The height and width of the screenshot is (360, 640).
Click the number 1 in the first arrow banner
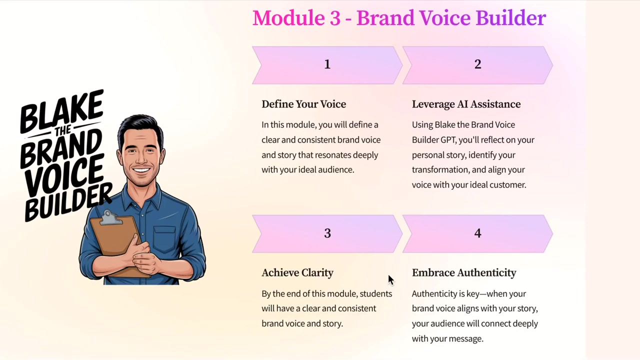tap(327, 64)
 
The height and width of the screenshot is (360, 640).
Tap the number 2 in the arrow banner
tap(477, 64)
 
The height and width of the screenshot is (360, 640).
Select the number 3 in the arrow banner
tap(327, 233)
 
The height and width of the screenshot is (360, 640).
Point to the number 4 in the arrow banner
tap(477, 233)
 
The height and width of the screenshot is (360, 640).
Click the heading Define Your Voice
tap(303, 104)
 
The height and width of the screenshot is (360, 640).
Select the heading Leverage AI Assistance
tap(466, 104)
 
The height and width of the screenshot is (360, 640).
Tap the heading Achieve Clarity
tap(297, 273)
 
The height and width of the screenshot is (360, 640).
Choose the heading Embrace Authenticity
tap(464, 273)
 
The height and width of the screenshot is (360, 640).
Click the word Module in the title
tap(288, 17)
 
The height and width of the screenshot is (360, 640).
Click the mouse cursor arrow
tap(391, 280)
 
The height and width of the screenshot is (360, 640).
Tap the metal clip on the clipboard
tap(109, 217)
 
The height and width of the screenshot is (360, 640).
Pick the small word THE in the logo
tap(63, 131)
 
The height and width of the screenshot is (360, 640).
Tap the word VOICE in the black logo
tap(64, 175)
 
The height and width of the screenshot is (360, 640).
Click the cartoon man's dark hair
tap(140, 125)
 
